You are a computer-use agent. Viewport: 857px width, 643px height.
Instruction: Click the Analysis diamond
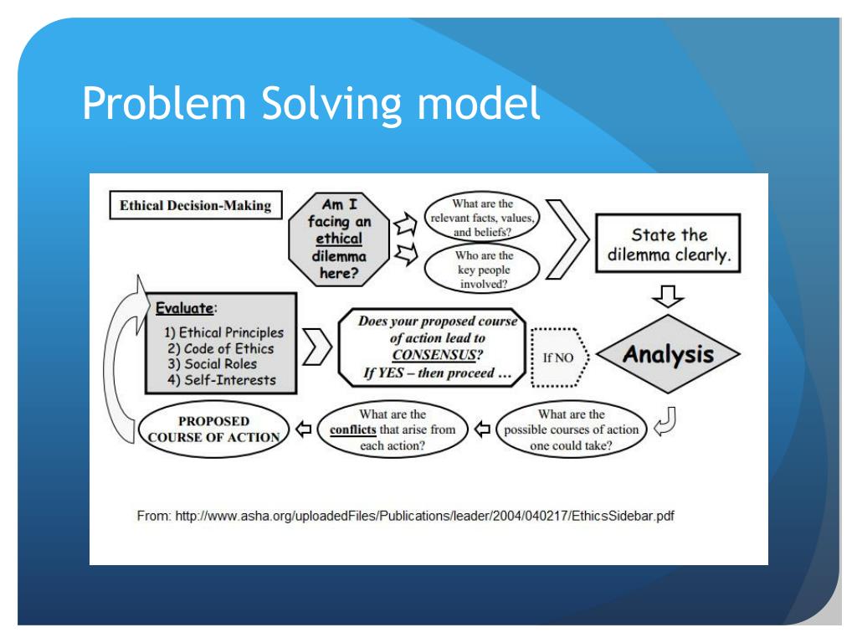point(662,355)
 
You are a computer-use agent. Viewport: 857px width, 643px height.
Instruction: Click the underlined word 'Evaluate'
point(177,306)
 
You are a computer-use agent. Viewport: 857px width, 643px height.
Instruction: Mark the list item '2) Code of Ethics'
point(219,348)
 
